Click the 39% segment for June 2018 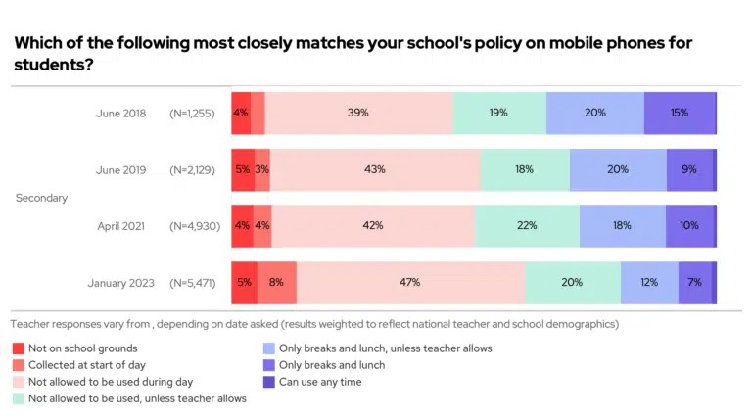(x=358, y=113)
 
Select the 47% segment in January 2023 (x=409, y=282)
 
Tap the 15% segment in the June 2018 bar (x=679, y=113)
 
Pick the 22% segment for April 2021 (x=527, y=225)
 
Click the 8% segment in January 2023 (x=276, y=282)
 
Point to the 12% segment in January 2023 (x=648, y=282)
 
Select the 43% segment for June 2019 (x=374, y=169)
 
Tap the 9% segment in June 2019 (x=689, y=169)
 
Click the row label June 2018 (x=121, y=114)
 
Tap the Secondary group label (x=41, y=198)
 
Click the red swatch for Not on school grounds (x=18, y=348)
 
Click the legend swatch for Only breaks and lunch (x=269, y=365)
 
